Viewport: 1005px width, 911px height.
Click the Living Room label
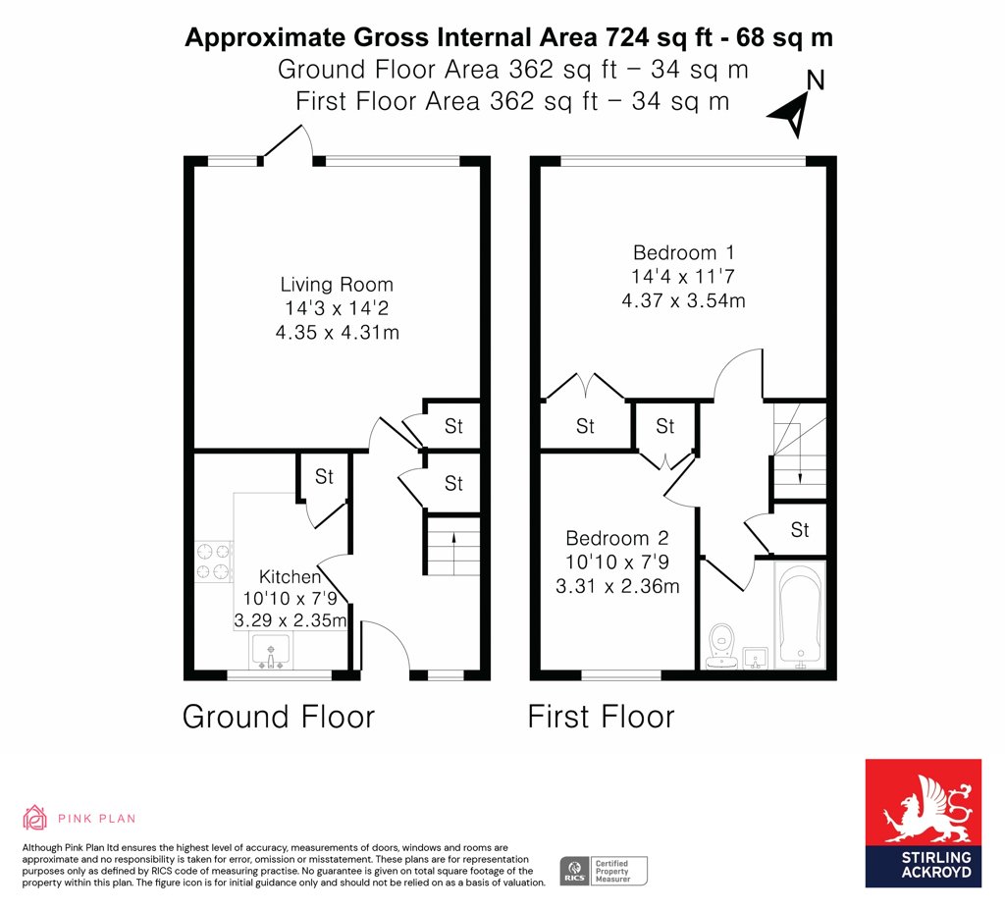coord(337,284)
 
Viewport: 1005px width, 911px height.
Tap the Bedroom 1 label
coord(683,252)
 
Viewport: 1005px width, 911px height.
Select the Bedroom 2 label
coord(617,538)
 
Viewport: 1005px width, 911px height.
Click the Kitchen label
coord(290,576)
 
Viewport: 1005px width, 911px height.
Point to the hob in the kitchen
coord(214,561)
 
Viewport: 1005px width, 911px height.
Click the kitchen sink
coord(271,652)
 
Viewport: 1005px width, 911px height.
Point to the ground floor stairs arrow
coord(453,553)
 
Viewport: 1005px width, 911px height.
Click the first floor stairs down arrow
coord(800,461)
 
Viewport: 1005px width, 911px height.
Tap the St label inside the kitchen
coord(324,476)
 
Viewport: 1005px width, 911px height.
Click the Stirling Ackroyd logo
coord(923,824)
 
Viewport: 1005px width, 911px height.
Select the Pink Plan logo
coord(79,818)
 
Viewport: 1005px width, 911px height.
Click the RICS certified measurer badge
coord(604,872)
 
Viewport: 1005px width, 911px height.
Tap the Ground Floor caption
coord(278,716)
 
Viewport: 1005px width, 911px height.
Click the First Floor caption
coord(601,716)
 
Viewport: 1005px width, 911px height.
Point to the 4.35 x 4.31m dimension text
coord(338,332)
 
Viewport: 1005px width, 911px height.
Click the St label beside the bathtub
coord(799,529)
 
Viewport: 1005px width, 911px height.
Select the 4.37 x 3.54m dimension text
coord(683,300)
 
